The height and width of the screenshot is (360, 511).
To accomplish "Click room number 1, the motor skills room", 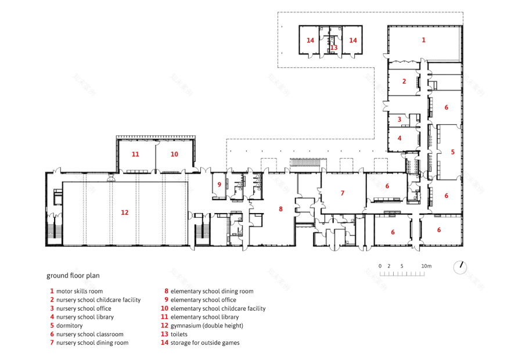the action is (x=423, y=40).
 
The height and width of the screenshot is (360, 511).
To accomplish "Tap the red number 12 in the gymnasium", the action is (x=124, y=213).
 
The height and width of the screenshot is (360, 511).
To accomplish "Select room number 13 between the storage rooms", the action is (x=334, y=48).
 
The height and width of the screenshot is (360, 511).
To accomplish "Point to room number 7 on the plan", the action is (x=343, y=193).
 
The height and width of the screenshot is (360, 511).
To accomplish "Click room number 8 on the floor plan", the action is (x=280, y=209).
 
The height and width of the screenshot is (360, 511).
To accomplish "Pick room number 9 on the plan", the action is (x=219, y=185).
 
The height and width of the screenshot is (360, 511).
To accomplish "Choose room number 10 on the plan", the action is (x=174, y=154).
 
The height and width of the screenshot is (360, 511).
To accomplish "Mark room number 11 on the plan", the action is (x=135, y=154).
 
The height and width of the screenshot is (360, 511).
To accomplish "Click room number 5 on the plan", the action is (x=453, y=152).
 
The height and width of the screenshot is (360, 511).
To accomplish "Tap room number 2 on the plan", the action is (x=404, y=81).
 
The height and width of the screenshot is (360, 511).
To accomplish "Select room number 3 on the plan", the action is (x=400, y=119).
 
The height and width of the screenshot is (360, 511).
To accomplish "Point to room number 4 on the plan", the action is (x=400, y=138).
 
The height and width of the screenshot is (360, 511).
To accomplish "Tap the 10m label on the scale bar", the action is (x=426, y=266).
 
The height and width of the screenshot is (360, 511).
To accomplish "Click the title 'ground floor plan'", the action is (x=73, y=276).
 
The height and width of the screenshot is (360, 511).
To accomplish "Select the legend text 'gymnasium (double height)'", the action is (x=207, y=326).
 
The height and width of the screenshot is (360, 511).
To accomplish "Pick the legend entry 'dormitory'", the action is (x=70, y=326).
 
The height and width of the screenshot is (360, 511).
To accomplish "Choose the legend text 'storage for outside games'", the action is (x=205, y=343).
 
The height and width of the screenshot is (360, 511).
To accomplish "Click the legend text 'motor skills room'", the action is (x=80, y=291).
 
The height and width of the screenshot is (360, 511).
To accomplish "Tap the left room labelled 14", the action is (x=310, y=41).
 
